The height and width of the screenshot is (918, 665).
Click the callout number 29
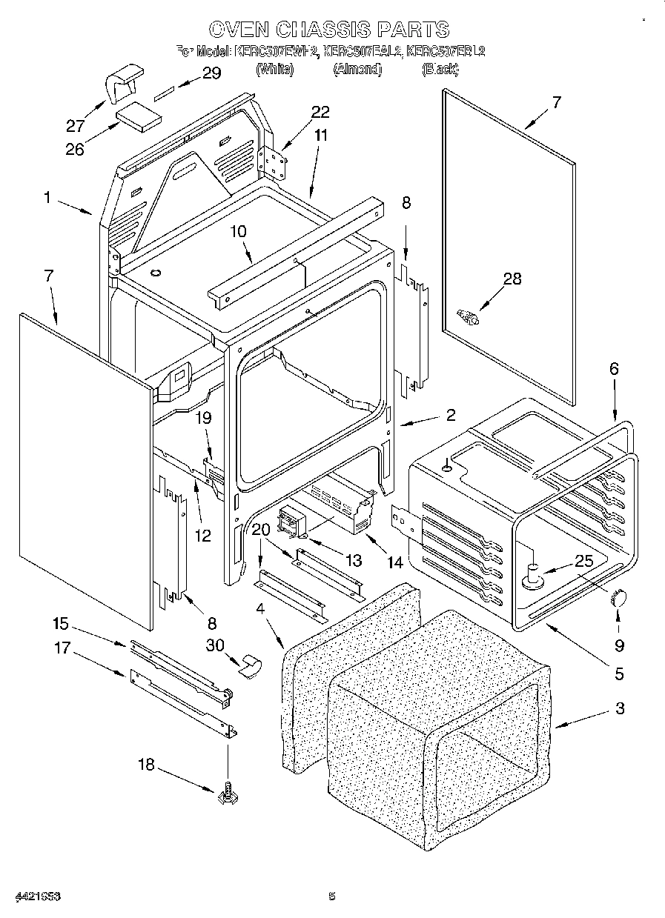(x=211, y=73)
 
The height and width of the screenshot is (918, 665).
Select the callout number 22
(x=320, y=112)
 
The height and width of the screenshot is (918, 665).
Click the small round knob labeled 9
(x=618, y=598)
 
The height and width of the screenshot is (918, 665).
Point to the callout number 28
(x=512, y=279)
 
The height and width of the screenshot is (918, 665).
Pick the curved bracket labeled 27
(x=122, y=84)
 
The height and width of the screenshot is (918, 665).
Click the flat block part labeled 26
(x=139, y=117)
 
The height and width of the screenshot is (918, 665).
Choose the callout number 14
(x=394, y=563)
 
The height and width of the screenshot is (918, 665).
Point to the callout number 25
(x=584, y=562)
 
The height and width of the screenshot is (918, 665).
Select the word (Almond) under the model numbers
(x=357, y=69)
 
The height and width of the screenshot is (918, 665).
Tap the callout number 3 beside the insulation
(x=620, y=708)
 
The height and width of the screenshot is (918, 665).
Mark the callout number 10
(x=238, y=232)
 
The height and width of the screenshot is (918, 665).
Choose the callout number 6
(x=614, y=368)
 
